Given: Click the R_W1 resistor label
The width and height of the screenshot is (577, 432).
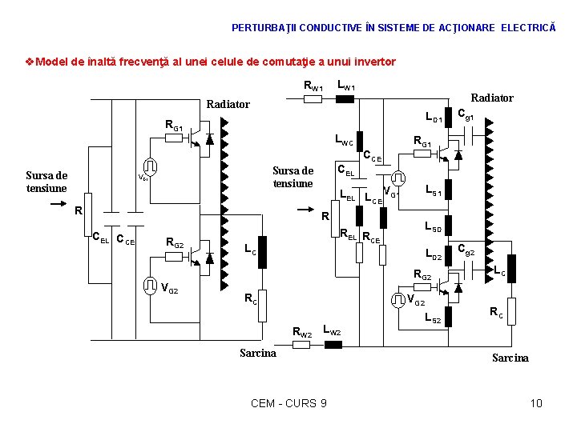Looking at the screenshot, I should tap(313, 86).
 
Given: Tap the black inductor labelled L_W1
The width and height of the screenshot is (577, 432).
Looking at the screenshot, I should tap(345, 99).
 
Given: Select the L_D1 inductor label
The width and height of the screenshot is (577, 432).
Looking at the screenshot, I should tap(434, 120).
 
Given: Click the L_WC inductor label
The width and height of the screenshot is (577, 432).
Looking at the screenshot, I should tap(343, 142).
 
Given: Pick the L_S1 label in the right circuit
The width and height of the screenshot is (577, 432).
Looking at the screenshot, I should tap(434, 191).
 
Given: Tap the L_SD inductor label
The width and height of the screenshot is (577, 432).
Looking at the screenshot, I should tap(434, 228).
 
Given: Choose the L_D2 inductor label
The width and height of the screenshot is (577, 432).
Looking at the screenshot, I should tap(434, 256).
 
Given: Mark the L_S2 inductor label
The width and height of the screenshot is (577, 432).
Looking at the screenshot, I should tap(434, 318).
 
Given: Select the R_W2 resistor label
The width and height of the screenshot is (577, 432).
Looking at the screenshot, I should tap(302, 332).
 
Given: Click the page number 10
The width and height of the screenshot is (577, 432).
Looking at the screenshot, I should tap(536, 402).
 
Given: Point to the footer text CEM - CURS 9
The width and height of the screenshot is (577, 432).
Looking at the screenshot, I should tap(288, 402).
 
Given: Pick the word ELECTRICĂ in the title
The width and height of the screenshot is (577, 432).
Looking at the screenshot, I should tap(528, 27).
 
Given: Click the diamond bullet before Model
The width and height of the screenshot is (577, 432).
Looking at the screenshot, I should tap(30, 62).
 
